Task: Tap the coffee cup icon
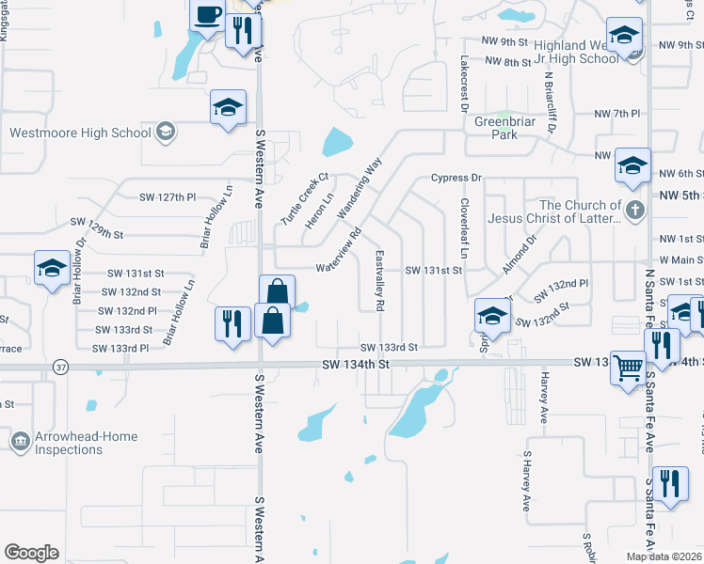click(x=207, y=16)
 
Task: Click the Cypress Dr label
click(x=456, y=178)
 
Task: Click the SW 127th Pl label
click(x=167, y=197)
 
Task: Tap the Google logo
click(x=31, y=553)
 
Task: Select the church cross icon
click(x=635, y=209)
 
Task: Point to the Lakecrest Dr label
click(x=464, y=84)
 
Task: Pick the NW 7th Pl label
click(x=616, y=114)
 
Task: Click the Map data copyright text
click(x=663, y=556)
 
